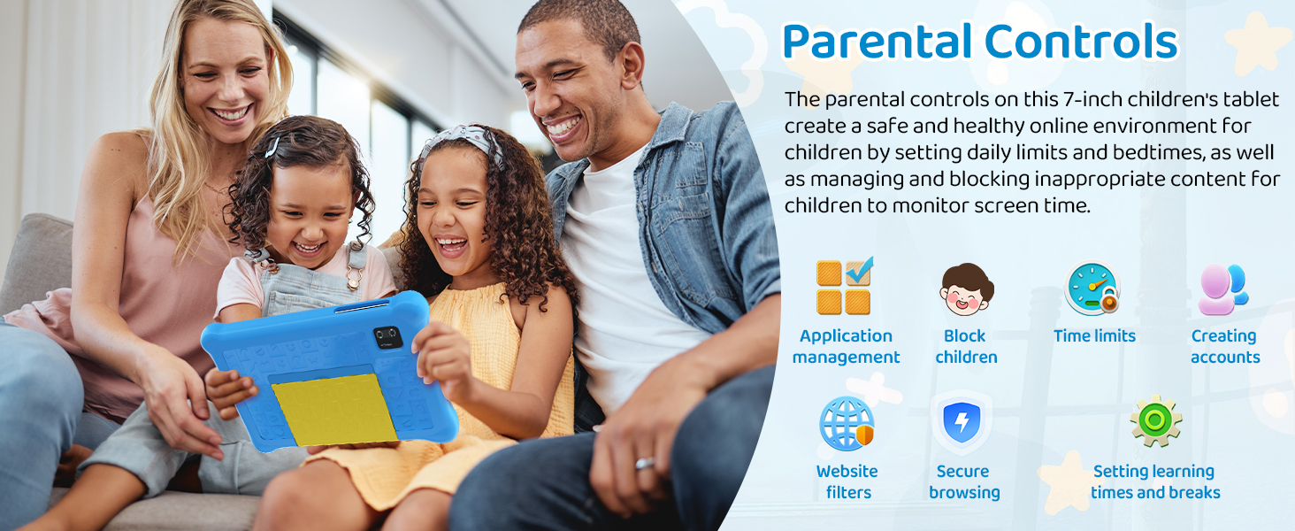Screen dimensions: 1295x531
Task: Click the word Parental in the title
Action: pyautogui.click(x=877, y=41)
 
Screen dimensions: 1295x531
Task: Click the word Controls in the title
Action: pyautogui.click(x=1081, y=41)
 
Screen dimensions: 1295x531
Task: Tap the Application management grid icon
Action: pyautogui.click(x=845, y=287)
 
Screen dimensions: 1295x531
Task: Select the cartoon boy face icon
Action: pyautogui.click(x=966, y=289)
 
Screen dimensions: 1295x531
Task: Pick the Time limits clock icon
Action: pyautogui.click(x=1092, y=288)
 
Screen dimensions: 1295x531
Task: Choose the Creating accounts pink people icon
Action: pyautogui.click(x=1222, y=289)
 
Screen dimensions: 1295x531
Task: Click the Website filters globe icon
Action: pyautogui.click(x=847, y=423)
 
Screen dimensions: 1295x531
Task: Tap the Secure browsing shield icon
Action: pyautogui.click(x=962, y=422)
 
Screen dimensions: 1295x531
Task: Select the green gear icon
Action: pyautogui.click(x=1155, y=421)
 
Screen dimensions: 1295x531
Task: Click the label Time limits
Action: pyautogui.click(x=1094, y=335)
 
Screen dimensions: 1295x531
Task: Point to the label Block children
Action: pyautogui.click(x=966, y=347)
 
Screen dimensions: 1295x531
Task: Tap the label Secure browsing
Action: pyautogui.click(x=964, y=481)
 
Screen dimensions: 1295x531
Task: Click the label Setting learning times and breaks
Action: pyautogui.click(x=1155, y=481)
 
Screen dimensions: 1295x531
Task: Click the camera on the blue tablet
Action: pyautogui.click(x=387, y=336)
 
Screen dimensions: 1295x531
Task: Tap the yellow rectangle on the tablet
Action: pyautogui.click(x=334, y=410)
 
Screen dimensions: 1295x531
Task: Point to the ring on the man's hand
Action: pyautogui.click(x=645, y=464)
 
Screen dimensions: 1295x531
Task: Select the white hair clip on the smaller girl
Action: pyautogui.click(x=272, y=148)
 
